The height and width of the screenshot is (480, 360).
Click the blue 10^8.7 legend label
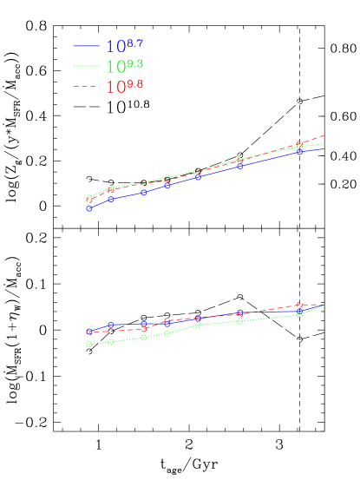(x=124, y=46)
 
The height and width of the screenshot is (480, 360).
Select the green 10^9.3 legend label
(x=124, y=66)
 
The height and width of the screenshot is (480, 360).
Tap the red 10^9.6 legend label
(x=124, y=87)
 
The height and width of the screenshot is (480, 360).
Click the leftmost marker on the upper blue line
(x=89, y=208)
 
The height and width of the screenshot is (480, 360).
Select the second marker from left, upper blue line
(x=111, y=199)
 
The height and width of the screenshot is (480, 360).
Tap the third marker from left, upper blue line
(x=144, y=192)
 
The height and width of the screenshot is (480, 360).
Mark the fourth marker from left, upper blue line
(x=167, y=185)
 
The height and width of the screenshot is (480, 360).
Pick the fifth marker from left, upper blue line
(x=199, y=176)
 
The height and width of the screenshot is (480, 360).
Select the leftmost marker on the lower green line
(x=89, y=345)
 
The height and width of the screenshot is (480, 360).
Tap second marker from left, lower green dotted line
(x=111, y=342)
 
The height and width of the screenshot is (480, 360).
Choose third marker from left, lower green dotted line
(x=144, y=337)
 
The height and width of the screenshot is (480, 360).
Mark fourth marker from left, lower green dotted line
(x=167, y=332)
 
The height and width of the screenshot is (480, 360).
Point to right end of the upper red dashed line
(x=324, y=135)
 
